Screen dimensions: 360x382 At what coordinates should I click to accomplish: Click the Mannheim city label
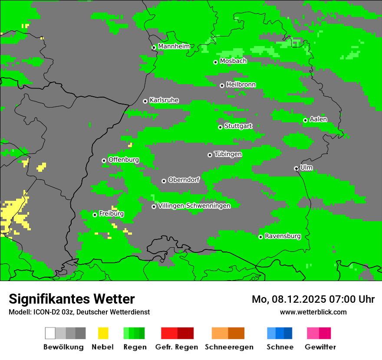(174, 46)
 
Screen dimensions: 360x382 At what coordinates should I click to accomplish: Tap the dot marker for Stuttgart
(220, 127)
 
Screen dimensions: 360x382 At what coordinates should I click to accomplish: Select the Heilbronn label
(241, 85)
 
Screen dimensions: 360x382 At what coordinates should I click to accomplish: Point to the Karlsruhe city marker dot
(145, 101)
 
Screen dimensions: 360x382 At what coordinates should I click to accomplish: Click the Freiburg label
(111, 214)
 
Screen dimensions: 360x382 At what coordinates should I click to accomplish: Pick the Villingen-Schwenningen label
(194, 206)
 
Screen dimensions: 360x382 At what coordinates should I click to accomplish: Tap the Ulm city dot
(296, 168)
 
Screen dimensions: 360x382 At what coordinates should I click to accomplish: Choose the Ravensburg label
(283, 236)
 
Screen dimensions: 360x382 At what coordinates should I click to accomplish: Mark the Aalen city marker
(305, 120)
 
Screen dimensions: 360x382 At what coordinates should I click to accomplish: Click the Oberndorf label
(184, 180)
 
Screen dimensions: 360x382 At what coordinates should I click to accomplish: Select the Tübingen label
(228, 154)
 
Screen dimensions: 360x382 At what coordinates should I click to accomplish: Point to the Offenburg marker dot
(104, 160)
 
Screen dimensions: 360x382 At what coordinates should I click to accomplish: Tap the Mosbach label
(233, 61)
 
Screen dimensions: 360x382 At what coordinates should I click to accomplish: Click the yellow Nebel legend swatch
(103, 333)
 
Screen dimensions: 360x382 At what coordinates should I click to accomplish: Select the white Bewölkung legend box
(50, 333)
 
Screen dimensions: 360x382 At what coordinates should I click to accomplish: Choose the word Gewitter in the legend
(320, 347)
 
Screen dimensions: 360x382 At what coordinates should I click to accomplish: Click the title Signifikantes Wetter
(72, 299)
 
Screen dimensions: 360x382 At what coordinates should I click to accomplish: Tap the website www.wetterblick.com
(313, 312)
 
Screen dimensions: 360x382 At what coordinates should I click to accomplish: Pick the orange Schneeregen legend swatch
(220, 333)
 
